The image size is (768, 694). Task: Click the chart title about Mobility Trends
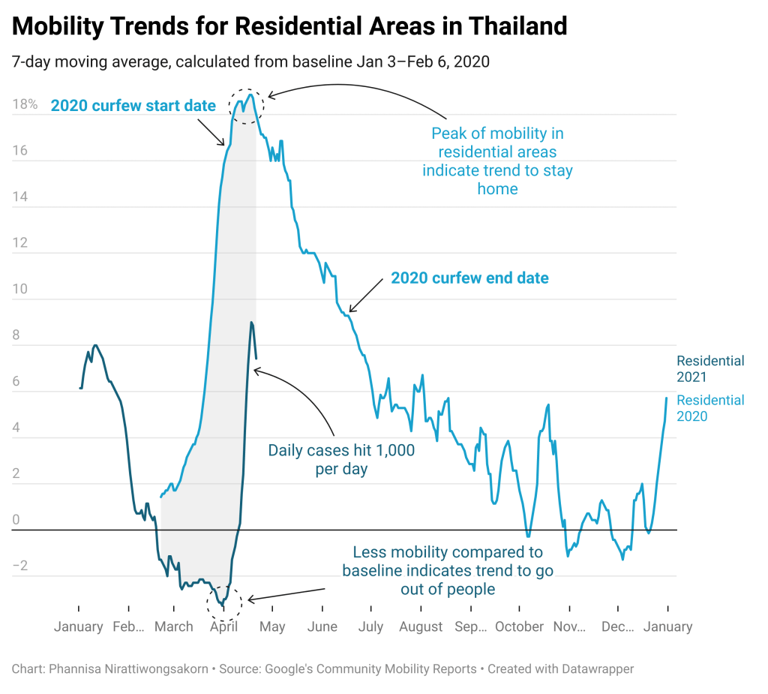[x=289, y=27]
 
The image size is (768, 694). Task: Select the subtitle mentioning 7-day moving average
[x=250, y=62]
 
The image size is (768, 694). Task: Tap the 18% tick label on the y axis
[x=25, y=104]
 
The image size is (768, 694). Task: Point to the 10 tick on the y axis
[x=19, y=289]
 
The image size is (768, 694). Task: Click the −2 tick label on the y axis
[x=19, y=566]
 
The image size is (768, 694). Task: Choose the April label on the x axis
[x=223, y=626]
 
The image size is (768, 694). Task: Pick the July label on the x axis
[x=370, y=626]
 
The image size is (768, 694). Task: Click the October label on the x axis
[x=519, y=626]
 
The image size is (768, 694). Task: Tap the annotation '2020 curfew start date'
[x=133, y=106]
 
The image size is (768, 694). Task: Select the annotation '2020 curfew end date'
[x=469, y=278]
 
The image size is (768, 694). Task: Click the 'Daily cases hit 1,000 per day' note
[x=341, y=459]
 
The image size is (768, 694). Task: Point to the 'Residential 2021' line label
[x=710, y=369]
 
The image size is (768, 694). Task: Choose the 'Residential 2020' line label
[x=710, y=408]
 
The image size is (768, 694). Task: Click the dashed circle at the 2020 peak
[x=247, y=106]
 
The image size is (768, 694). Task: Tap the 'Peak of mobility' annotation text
[x=497, y=161]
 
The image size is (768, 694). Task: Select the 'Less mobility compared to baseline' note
[x=448, y=571]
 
